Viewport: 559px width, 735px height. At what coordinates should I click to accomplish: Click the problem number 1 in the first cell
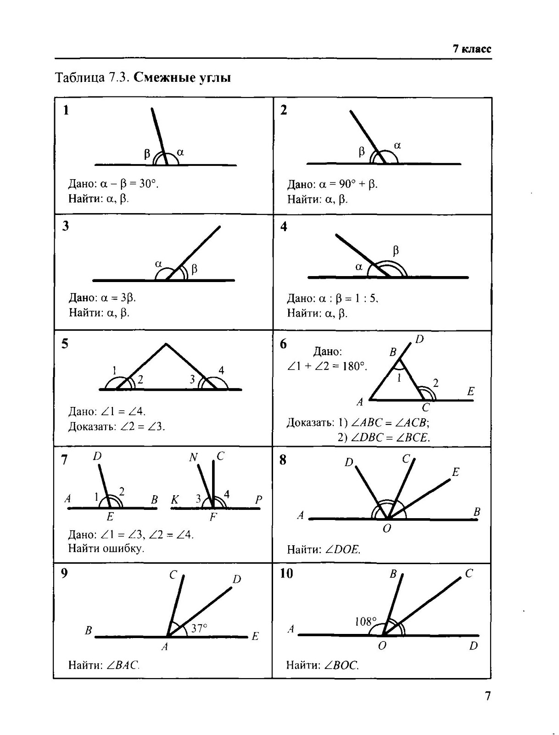pos(66,110)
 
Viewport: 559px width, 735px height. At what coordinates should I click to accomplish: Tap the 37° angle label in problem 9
pos(199,628)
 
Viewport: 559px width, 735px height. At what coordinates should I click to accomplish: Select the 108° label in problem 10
pos(366,622)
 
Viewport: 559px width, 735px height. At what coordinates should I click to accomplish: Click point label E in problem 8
pos(455,472)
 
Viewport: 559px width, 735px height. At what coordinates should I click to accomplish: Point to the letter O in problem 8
pos(387,529)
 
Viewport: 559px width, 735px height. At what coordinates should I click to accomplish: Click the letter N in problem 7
pos(193,457)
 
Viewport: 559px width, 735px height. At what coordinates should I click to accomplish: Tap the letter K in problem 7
pos(175,500)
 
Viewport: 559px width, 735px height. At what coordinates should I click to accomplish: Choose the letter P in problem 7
pos(258,500)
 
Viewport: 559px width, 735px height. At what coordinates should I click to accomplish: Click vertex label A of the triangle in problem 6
pos(360,402)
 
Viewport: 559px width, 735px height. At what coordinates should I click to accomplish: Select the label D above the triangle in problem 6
pos(419,339)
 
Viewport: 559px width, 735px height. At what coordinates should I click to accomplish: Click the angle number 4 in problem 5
pos(221,370)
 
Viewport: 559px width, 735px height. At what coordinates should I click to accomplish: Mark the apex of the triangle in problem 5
pos(166,344)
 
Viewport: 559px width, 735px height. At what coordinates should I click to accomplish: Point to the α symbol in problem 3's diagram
pos(158,264)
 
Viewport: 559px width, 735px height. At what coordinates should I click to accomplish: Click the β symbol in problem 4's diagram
pos(396,251)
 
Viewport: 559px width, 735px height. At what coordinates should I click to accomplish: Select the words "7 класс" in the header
pos(472,49)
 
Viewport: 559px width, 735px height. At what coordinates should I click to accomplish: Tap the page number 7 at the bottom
pos(487,696)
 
